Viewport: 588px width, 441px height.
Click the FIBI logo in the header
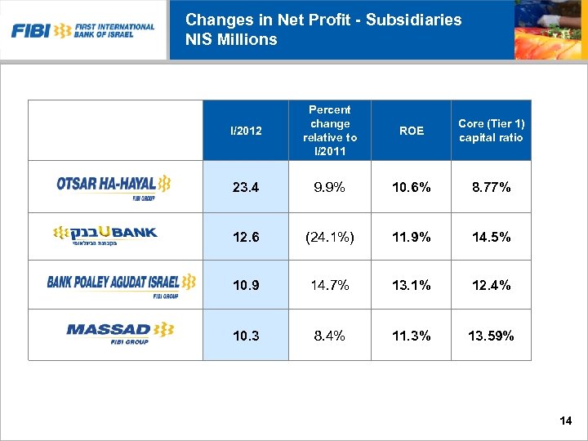(82, 31)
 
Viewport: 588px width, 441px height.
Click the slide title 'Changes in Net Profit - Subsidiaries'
(323, 20)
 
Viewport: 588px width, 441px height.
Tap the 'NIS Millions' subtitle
(231, 39)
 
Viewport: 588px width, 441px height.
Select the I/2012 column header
(245, 131)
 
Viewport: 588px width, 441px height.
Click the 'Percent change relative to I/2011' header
(329, 131)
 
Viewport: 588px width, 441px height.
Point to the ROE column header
(411, 131)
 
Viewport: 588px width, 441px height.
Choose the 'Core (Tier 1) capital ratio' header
(491, 131)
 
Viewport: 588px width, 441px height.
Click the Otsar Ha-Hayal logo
(114, 185)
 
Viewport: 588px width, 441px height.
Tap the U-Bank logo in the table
(105, 236)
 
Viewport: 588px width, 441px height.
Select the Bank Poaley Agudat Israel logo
(121, 283)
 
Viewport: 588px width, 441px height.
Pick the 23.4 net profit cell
(245, 187)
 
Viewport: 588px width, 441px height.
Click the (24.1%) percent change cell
(329, 237)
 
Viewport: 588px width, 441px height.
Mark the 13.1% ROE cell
(411, 285)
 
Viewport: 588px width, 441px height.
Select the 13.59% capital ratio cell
(491, 335)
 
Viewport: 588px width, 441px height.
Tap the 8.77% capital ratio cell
(491, 187)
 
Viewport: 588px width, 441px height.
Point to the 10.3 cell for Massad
(245, 335)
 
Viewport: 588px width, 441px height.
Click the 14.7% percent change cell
(329, 285)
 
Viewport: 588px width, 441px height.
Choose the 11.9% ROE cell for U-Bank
(411, 237)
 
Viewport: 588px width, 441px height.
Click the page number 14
(566, 421)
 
